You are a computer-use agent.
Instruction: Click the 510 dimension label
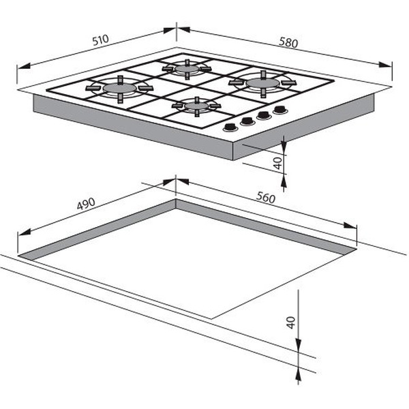[x=100, y=40]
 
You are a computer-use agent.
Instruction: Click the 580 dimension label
[x=288, y=42]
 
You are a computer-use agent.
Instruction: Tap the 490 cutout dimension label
[x=86, y=204]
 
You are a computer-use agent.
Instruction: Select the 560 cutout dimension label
[x=266, y=197]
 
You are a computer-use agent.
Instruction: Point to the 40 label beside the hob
[x=278, y=164]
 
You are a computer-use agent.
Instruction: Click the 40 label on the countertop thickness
[x=291, y=322]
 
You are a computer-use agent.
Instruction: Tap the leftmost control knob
[x=230, y=127]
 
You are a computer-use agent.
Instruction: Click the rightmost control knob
[x=280, y=110]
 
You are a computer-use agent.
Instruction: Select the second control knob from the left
[x=247, y=121]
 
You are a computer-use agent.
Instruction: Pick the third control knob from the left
[x=264, y=115]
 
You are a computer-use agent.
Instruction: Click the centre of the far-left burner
[x=120, y=88]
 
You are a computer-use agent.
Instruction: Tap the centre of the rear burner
[x=187, y=69]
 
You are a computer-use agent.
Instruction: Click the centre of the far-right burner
[x=262, y=83]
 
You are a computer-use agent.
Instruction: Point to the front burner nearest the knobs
[x=196, y=106]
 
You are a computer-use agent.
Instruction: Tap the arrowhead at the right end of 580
[x=385, y=65]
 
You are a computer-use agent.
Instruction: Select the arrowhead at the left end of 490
[x=25, y=232]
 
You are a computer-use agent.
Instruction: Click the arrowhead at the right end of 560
[x=350, y=225]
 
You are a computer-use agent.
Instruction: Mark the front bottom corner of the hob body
[x=232, y=160]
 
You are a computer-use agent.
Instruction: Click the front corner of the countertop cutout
[x=211, y=318]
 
